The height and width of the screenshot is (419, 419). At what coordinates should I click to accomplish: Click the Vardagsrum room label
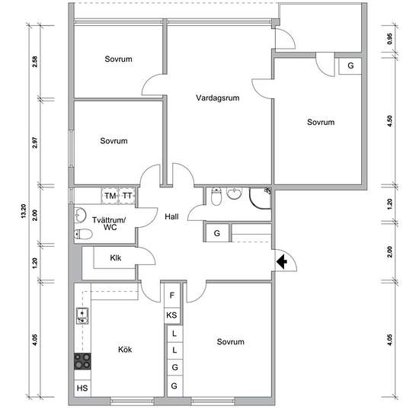click(218, 98)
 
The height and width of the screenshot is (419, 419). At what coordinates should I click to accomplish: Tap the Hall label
click(171, 216)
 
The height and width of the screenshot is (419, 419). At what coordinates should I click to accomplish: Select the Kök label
click(125, 349)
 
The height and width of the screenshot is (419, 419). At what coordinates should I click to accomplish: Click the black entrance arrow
click(281, 261)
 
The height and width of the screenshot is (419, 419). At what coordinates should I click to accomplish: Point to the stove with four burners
click(82, 361)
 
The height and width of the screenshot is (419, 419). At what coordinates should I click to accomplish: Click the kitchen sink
click(82, 316)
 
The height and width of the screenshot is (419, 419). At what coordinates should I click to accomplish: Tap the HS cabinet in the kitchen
click(82, 388)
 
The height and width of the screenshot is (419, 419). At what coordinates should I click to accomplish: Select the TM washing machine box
click(110, 196)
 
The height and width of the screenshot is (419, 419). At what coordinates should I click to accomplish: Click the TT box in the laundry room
click(127, 196)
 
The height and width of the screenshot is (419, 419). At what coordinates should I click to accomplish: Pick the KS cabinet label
click(171, 315)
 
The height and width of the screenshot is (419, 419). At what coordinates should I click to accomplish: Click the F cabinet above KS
click(172, 296)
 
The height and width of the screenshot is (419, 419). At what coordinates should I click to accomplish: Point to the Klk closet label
click(116, 257)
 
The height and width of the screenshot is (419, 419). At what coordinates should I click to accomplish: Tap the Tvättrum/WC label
click(109, 224)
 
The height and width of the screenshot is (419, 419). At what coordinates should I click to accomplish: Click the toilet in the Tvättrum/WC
click(83, 235)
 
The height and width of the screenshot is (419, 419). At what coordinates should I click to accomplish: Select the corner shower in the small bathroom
click(260, 198)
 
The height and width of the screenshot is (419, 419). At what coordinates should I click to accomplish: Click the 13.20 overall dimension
click(24, 211)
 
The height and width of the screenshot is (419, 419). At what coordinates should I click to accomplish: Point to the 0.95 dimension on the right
click(390, 39)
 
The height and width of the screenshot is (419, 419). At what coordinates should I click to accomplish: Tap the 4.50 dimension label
click(390, 121)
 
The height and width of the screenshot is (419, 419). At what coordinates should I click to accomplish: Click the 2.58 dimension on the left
click(35, 62)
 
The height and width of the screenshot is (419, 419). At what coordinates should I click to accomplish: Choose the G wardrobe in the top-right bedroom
click(350, 66)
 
